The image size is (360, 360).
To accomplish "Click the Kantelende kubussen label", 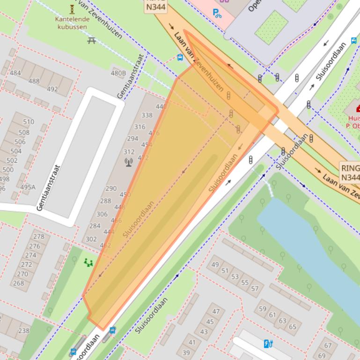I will point(72,23).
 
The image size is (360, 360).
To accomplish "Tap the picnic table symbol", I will point(91,40).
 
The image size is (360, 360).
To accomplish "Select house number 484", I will point(15,73).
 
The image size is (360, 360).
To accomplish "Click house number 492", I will point(52,89).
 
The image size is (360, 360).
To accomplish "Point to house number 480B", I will point(118,73).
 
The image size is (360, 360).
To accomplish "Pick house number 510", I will point(29,122).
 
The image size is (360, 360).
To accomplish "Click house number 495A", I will point(28,187).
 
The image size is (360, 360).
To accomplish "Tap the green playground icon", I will point(88,263).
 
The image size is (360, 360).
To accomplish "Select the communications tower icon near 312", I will point(128,162).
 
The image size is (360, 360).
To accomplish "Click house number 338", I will point(147,115).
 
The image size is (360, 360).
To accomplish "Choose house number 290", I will point(111,188).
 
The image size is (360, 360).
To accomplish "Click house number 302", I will point(91,239).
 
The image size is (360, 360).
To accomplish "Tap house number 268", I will point(18,283).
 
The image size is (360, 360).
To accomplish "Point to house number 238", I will point(23,331).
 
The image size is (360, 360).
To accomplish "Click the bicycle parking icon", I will point(218,13).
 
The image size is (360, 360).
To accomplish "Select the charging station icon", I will point(268,344).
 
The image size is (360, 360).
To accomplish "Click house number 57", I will point(255,288).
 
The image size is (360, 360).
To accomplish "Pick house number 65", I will point(293,327).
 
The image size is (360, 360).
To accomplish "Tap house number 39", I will point(186,353).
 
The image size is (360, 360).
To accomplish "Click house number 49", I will point(215,265).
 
